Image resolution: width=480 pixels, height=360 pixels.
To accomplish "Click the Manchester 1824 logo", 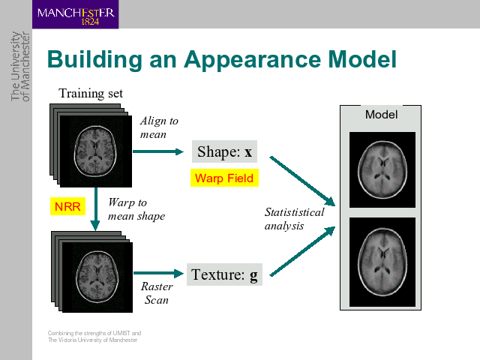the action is pos(75,14).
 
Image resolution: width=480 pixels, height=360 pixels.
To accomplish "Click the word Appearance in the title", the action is pos(252,60).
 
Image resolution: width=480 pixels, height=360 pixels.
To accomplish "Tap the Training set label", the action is pos(91,93).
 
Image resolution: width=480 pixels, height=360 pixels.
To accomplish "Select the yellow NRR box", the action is pos(67,206).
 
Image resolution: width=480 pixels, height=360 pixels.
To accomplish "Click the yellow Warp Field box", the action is pos(224,178).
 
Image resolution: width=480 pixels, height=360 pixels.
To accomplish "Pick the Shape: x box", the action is pos(224,151).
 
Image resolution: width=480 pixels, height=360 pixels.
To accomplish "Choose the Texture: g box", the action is pos(224,274).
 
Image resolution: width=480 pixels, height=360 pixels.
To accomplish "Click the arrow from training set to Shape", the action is pos(158,151).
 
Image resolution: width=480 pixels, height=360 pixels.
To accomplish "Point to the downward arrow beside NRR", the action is pos(96,209).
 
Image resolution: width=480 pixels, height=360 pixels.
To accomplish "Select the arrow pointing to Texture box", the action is pos(158,273).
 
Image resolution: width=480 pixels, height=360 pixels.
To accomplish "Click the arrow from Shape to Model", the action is pos(302,181).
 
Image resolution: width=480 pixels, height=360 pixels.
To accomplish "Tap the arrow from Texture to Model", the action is pos(302,251).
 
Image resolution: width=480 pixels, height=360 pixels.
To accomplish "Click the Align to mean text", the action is pos(159,127).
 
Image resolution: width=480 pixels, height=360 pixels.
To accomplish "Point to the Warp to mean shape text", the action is pos(136,209).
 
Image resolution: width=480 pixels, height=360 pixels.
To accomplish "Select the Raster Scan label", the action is pos(157,293).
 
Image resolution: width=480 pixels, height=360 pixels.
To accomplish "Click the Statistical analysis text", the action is pos(294,219).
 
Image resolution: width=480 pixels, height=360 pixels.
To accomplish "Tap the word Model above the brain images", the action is pos(382,115).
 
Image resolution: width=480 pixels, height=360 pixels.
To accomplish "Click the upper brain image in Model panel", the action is pos(382,170).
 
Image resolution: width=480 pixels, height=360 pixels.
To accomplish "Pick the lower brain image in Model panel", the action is pos(382,262).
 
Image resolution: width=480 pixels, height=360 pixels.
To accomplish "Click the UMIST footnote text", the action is pos(94,337).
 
